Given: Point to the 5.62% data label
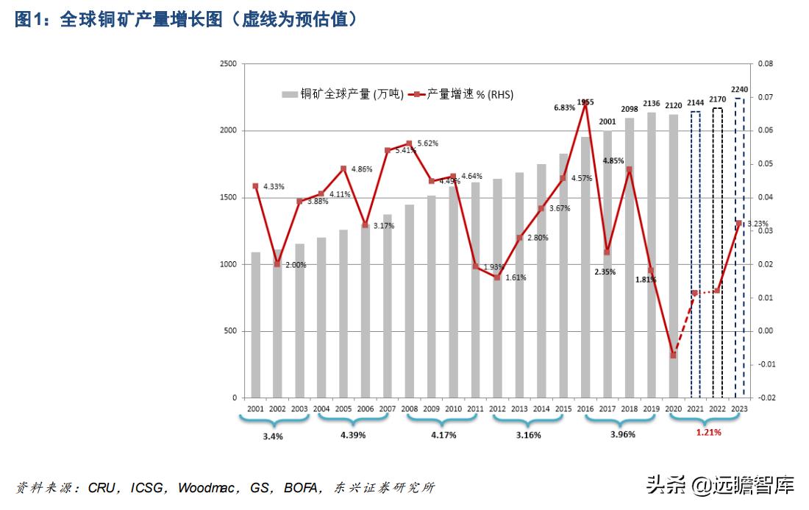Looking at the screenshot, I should (427, 143).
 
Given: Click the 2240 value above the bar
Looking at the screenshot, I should (739, 90).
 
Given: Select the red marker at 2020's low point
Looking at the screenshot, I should (673, 355).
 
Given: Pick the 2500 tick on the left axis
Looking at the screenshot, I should (227, 64).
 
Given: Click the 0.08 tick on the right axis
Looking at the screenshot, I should (766, 64).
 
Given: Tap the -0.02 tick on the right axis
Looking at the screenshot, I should (766, 398).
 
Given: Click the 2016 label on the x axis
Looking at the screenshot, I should (585, 409).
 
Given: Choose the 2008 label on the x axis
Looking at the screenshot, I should (409, 409).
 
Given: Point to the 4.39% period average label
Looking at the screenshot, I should (353, 435).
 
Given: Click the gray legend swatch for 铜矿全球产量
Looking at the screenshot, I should (289, 94).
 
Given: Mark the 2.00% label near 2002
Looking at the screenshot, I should (295, 265).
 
